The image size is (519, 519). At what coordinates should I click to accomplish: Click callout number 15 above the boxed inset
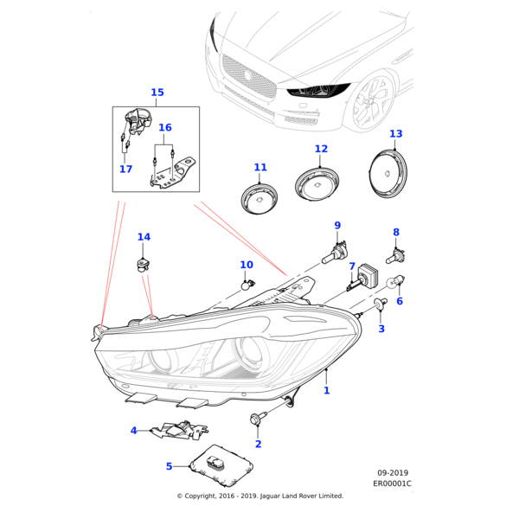pyautogui.click(x=157, y=93)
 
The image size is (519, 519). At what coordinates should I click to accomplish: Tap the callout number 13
pyautogui.click(x=395, y=134)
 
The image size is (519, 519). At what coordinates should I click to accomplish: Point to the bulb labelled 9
pyautogui.click(x=336, y=252)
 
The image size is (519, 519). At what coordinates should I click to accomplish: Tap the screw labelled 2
pyautogui.click(x=257, y=420)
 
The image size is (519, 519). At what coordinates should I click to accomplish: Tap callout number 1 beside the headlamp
pyautogui.click(x=326, y=391)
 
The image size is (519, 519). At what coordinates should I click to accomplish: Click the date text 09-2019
pyautogui.click(x=393, y=473)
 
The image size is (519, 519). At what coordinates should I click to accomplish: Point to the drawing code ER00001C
pyautogui.click(x=394, y=484)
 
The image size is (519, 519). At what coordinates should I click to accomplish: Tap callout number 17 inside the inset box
pyautogui.click(x=126, y=170)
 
